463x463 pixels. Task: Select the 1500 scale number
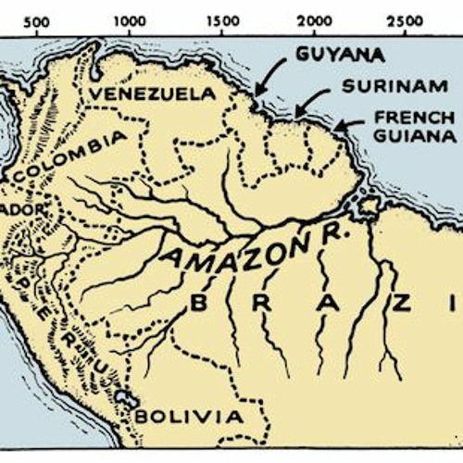[x=222, y=20]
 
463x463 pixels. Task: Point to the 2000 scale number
[x=315, y=20]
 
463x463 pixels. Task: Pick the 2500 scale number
[x=408, y=20]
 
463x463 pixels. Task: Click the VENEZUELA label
[x=154, y=94]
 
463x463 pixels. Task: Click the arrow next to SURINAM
[x=309, y=100]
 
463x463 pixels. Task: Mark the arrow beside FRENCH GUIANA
[x=350, y=124]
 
